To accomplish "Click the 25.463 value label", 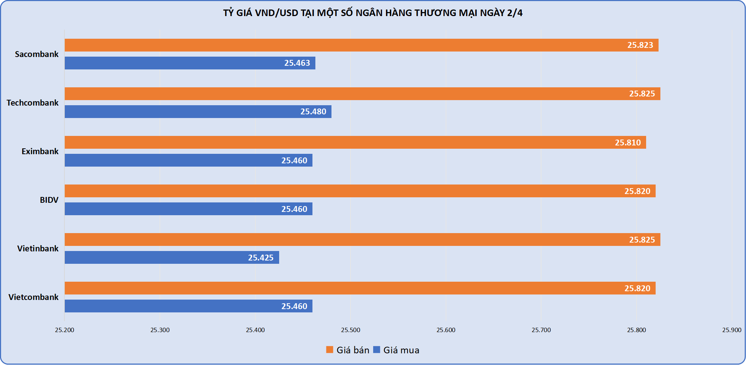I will (297, 63).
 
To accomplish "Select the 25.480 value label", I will (313, 112).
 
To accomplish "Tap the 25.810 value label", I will (628, 142).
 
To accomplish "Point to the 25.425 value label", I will (261, 258).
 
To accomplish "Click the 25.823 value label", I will (640, 45).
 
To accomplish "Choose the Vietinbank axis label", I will (38, 248).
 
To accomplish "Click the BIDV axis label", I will (49, 200).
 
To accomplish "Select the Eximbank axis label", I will (40, 151).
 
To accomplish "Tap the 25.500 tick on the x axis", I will (350, 330).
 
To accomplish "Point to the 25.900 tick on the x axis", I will (732, 330).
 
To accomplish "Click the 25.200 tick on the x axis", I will (64, 330).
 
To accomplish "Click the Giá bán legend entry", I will (348, 350).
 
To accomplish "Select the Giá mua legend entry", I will (397, 350).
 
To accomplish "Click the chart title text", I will (373, 13).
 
